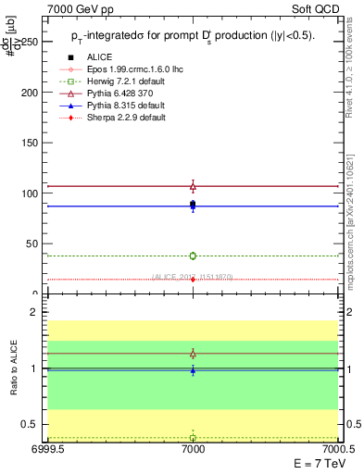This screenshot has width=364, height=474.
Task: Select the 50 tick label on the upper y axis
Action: [32, 243]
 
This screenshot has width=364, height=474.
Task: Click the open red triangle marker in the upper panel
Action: [193, 186]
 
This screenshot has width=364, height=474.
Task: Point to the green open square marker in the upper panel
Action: [193, 256]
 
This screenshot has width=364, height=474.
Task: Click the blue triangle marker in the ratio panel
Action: [193, 370]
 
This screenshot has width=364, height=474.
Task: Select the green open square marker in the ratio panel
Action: [193, 437]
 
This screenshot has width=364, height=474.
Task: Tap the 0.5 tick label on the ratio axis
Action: [32, 424]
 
